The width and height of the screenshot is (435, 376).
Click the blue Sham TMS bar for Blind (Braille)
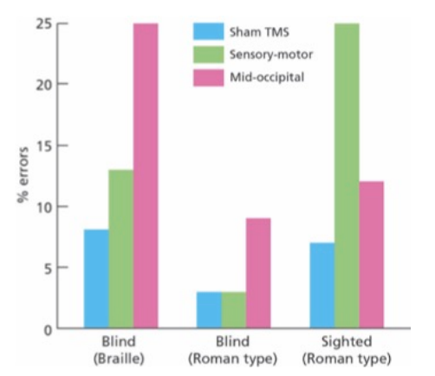click(96, 279)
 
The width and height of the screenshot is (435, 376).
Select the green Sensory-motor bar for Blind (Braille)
click(121, 249)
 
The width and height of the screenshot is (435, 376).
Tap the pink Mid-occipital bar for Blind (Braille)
click(146, 176)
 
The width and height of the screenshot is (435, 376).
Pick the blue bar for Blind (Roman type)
click(209, 310)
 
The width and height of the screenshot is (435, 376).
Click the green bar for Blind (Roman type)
click(234, 310)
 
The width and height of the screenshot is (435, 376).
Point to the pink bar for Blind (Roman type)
click(258, 273)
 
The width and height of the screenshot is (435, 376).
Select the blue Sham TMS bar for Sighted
click(322, 285)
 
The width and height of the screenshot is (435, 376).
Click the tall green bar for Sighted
click(347, 176)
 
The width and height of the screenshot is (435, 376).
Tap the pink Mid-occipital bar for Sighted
click(371, 255)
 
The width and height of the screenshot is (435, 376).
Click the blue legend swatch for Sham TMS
click(208, 31)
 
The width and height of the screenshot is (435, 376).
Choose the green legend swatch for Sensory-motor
click(208, 55)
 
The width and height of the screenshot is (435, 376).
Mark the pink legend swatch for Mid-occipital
click(208, 77)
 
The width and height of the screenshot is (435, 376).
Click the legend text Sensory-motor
click(271, 55)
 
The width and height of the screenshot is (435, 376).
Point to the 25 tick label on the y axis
click(44, 24)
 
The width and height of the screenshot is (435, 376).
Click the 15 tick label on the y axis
click(44, 146)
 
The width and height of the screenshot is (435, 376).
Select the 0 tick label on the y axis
click(49, 330)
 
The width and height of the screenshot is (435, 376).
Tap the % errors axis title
click(23, 175)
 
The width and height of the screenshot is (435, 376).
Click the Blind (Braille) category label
click(119, 350)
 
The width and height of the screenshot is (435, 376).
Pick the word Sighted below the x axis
click(347, 341)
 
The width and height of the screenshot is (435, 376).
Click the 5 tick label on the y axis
click(49, 269)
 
